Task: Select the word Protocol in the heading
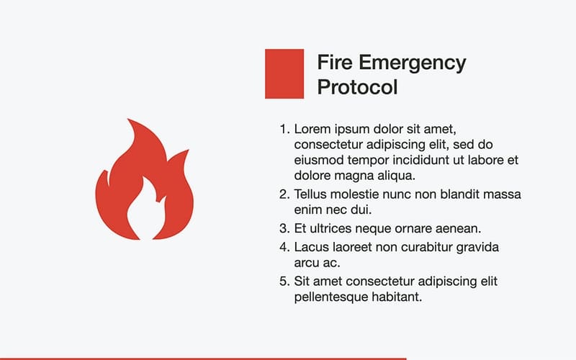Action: tap(357, 88)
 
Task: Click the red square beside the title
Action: tap(284, 73)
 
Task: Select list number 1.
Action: tap(284, 130)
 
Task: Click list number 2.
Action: tap(284, 194)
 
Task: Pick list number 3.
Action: tap(284, 229)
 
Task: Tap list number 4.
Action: tap(284, 247)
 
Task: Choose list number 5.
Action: tap(284, 281)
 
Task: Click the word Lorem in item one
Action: tap(312, 130)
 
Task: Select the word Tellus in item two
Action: tap(312, 194)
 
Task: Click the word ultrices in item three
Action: tap(334, 229)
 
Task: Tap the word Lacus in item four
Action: tap(312, 247)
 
